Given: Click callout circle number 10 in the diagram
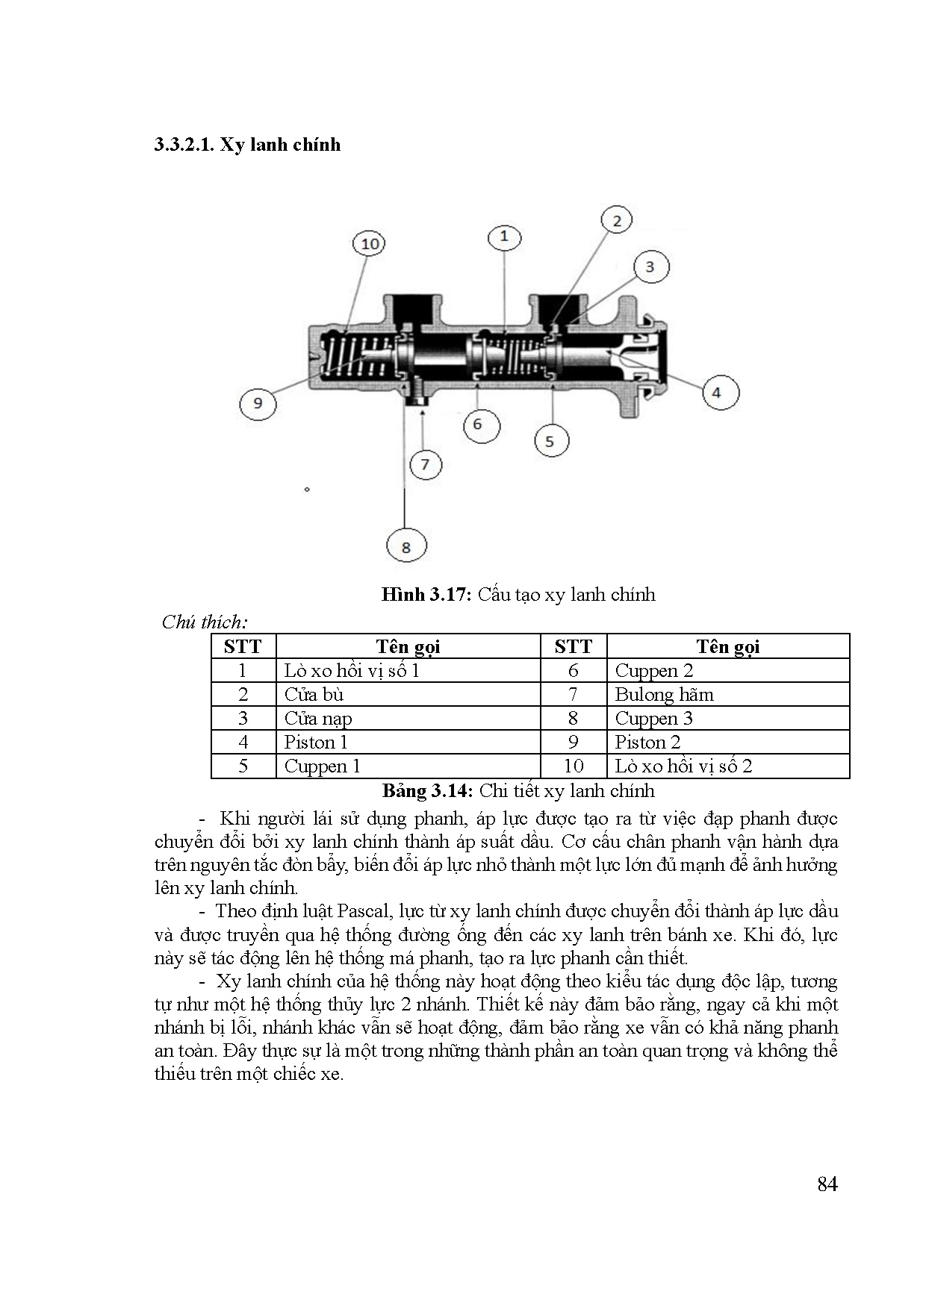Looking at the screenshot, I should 370,244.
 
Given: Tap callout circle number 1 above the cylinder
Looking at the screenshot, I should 504,237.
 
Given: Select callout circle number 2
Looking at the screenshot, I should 616,220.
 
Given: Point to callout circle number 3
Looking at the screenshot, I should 650,267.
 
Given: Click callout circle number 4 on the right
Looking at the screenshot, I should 717,393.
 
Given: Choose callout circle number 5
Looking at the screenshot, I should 550,441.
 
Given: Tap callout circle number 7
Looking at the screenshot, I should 425,465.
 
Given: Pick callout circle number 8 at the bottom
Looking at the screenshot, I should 405,547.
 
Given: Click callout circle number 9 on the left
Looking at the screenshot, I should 258,403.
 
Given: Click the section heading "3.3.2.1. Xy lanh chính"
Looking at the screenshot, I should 247,144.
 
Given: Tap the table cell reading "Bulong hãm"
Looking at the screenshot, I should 664,695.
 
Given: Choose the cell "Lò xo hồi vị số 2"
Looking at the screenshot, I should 683,766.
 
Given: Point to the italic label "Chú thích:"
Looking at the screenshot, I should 205,622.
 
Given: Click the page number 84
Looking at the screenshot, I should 827,1184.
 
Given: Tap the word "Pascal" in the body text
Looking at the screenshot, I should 366,911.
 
